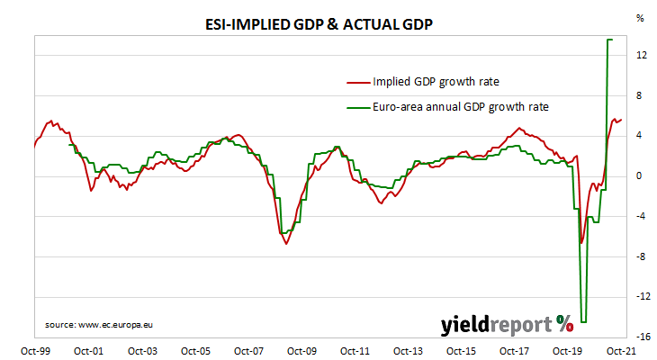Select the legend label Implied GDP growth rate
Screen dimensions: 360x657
click(x=436, y=82)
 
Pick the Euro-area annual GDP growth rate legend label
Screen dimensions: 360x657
click(x=460, y=106)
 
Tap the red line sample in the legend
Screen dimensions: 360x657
click(x=358, y=82)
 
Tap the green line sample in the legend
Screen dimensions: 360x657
click(x=358, y=106)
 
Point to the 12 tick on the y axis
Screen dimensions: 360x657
click(x=640, y=55)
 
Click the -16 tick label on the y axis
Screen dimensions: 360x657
click(x=640, y=337)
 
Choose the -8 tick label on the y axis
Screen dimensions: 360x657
click(x=640, y=256)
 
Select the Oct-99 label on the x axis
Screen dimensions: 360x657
click(x=36, y=351)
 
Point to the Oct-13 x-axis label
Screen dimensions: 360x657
click(x=408, y=351)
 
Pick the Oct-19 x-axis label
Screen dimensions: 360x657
click(x=567, y=351)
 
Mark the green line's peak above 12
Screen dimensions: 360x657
click(x=609, y=40)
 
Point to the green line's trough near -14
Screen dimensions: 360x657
click(x=583, y=321)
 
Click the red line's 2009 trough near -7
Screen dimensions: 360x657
click(x=287, y=243)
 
